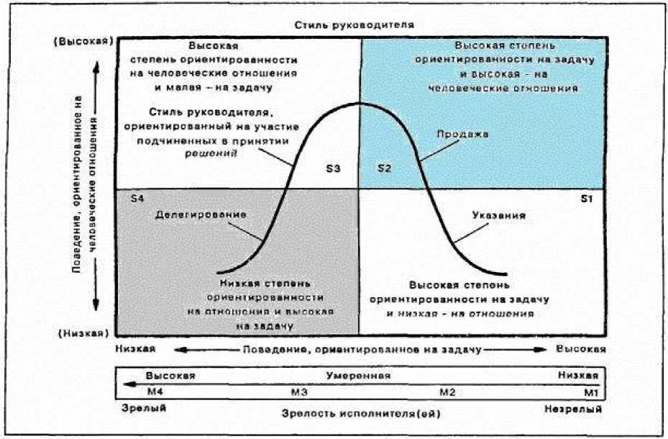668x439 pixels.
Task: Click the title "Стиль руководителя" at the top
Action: (354, 25)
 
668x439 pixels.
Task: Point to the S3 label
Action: (333, 169)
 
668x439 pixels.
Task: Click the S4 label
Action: (129, 197)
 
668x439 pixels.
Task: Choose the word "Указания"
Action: (499, 215)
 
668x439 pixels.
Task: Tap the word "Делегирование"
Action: (201, 214)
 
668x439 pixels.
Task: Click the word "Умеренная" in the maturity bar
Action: (358, 376)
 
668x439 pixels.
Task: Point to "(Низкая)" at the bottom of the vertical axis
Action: (83, 334)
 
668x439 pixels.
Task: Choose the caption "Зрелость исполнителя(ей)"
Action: (357, 414)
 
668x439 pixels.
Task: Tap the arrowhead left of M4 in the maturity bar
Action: (127, 385)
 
